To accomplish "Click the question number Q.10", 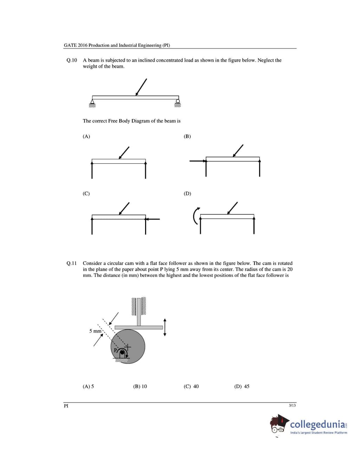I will coord(72,60).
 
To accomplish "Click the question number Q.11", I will coord(72,263).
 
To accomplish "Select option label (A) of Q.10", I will coord(86,136).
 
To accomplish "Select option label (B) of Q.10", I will coord(187,136).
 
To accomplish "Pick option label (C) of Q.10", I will coord(86,194).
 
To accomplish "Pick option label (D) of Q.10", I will coord(188,194).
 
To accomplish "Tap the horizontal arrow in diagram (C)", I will coord(153,219).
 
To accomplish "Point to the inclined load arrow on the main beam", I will coord(141,87).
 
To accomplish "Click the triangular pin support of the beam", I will coord(92,103).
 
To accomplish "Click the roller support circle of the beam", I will coord(178,101).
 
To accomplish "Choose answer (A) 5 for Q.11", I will coord(88,386).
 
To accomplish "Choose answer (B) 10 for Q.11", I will coord(140,386).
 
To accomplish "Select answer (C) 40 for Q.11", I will coord(191,386).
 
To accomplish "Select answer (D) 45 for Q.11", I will coord(242,386).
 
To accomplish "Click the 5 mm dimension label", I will coord(95,331).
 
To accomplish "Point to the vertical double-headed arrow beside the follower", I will coord(165,327).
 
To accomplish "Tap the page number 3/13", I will coord(292,405).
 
